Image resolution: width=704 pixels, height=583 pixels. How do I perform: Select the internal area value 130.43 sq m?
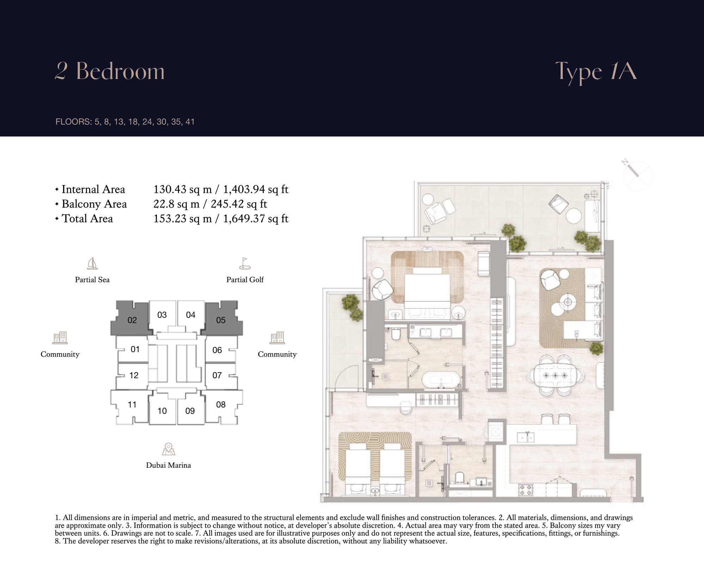[183, 190]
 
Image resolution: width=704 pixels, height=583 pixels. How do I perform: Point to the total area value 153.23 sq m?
[183, 219]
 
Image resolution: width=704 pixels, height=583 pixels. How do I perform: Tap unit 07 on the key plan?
[217, 375]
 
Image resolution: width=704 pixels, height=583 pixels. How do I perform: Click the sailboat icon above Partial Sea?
[92, 263]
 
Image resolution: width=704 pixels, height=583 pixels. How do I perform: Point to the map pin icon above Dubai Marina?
[168, 449]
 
